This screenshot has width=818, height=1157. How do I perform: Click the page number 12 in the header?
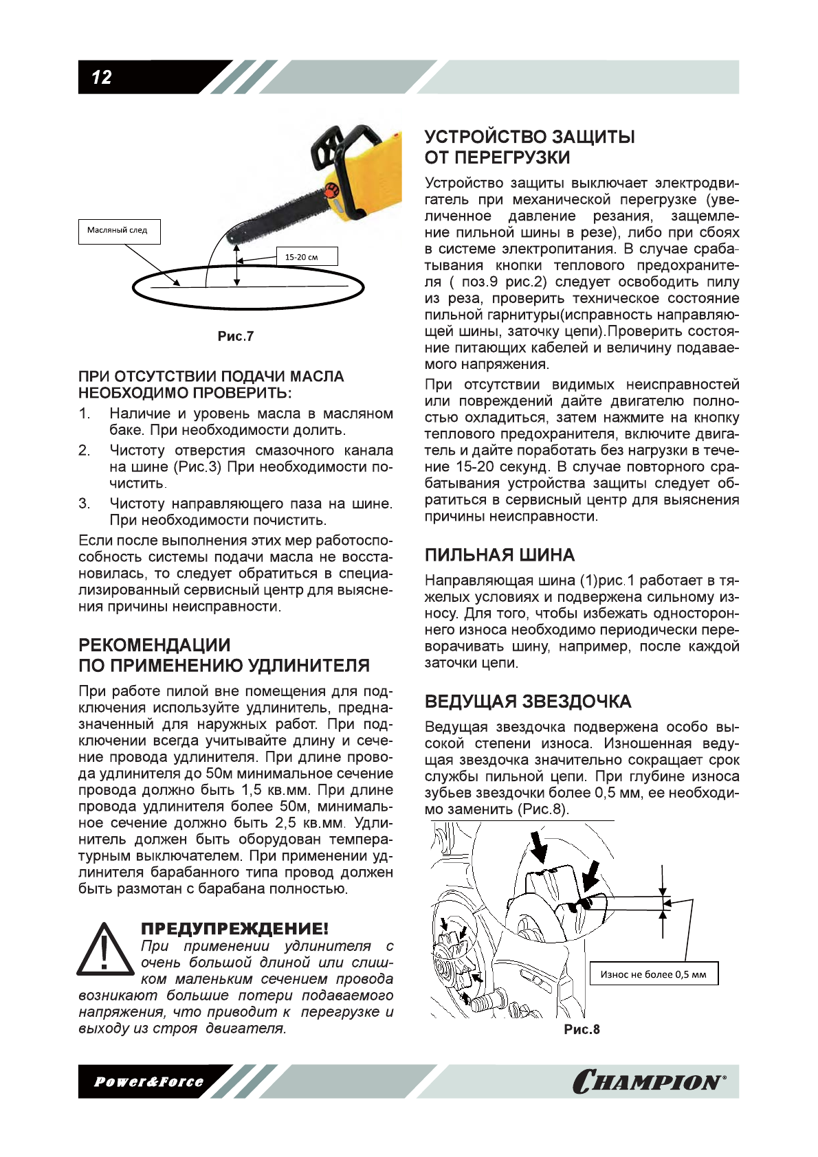[x=102, y=78]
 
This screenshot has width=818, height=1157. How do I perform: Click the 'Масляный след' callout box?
[x=118, y=231]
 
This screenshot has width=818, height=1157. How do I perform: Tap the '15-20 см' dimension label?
[x=301, y=257]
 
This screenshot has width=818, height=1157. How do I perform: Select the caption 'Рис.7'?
[x=236, y=336]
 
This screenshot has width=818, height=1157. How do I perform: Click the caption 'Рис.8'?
[x=582, y=1029]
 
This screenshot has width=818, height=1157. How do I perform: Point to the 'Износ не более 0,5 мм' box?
[x=653, y=974]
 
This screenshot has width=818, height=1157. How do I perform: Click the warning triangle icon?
[x=105, y=951]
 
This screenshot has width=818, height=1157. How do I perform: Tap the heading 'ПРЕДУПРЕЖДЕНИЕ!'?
[x=234, y=929]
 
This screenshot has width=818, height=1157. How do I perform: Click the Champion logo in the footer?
[x=649, y=1081]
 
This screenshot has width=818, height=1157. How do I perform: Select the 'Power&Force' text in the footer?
[x=148, y=1082]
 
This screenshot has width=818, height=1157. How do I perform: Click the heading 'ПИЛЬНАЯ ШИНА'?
[x=499, y=555]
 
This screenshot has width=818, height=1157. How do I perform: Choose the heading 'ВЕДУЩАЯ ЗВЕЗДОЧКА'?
[x=527, y=701]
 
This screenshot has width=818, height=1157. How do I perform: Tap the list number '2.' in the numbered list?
[x=84, y=451]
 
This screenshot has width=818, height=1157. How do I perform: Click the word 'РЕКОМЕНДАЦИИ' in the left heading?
[x=155, y=645]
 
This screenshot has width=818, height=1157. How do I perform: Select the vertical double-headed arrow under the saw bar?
[x=237, y=265]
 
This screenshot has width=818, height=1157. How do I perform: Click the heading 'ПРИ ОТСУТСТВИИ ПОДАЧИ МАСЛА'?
[x=211, y=377]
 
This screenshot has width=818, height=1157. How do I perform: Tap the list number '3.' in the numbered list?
[x=84, y=504]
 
